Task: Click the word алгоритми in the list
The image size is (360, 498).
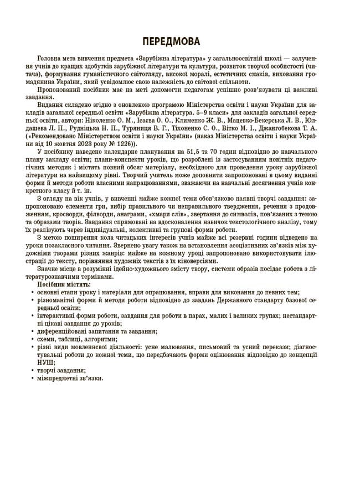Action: [x=99, y=338]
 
